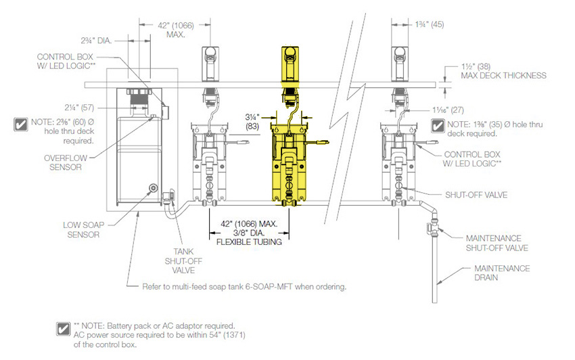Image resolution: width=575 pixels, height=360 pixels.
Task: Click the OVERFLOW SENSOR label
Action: pos(65,162)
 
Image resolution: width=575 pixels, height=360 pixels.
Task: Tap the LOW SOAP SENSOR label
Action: pos(83,229)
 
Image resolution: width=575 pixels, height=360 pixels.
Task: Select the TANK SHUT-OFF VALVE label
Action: pos(183,261)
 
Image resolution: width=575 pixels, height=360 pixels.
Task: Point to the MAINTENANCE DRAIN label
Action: pos(502,273)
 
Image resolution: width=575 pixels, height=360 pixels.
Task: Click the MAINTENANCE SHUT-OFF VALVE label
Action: pos(497,243)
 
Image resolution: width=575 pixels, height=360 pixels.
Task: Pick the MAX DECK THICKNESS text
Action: pos(503,76)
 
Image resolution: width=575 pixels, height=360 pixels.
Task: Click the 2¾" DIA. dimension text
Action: pos(96,41)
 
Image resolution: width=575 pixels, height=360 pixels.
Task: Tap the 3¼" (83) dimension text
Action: pos(252,122)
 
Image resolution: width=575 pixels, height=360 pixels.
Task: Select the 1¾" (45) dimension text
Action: pos(430,24)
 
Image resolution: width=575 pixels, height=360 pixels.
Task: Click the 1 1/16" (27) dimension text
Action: pos(448,110)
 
